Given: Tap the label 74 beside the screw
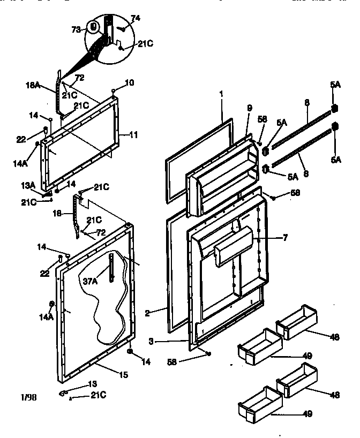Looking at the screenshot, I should tap(136, 18).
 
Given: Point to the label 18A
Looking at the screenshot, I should tap(32, 85).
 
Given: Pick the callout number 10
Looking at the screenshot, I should tap(130, 82).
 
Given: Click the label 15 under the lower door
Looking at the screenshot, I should tap(123, 375).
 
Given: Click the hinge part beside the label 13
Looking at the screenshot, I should tap(66, 392).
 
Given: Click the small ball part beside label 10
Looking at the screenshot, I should tap(114, 89).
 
